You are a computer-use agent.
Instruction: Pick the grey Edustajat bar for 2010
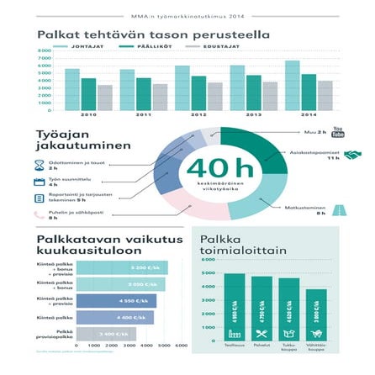[x=104, y=98]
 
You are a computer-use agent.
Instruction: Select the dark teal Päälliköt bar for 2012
[x=198, y=92]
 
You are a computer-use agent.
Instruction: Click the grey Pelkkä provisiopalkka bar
[x=106, y=334]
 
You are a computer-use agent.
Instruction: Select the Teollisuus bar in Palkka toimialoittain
[x=235, y=308]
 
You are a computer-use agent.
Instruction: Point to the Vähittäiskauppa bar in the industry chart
[x=315, y=315]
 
